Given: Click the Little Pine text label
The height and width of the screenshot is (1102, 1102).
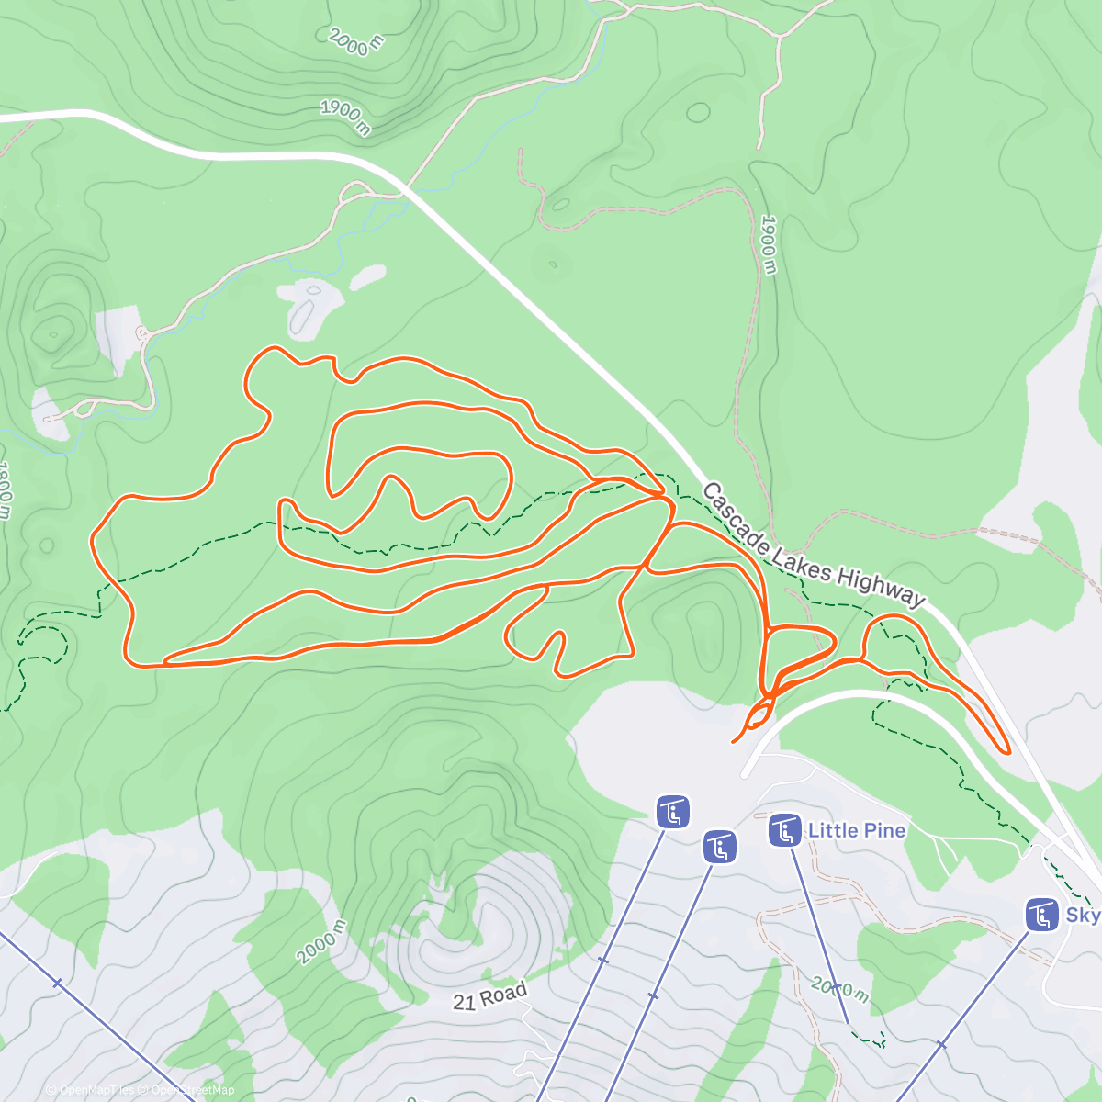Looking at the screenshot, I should [x=856, y=831].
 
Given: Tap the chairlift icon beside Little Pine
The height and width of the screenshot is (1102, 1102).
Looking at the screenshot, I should [x=783, y=831].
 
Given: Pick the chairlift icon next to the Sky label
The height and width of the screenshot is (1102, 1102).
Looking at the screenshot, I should [x=1041, y=915].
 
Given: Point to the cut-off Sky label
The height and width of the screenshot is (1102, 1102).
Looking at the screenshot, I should [x=1082, y=915].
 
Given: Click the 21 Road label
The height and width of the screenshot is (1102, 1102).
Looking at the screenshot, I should [x=490, y=995].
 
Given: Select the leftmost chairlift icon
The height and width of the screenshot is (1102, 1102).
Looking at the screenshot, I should [x=673, y=812].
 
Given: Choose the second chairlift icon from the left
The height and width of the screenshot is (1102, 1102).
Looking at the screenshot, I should [x=719, y=847].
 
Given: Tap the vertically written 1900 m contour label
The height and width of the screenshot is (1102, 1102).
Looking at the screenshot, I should [x=770, y=244].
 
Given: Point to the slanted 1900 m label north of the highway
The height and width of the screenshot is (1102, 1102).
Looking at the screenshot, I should [x=346, y=118].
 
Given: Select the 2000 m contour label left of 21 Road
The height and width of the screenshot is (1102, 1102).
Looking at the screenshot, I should [x=322, y=941].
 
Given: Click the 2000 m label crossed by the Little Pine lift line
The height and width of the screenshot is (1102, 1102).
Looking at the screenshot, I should [x=838, y=988].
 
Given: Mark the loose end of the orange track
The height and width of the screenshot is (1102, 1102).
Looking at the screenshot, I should [x=733, y=740].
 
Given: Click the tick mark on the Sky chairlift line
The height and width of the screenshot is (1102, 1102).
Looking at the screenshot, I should [x=940, y=1045].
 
